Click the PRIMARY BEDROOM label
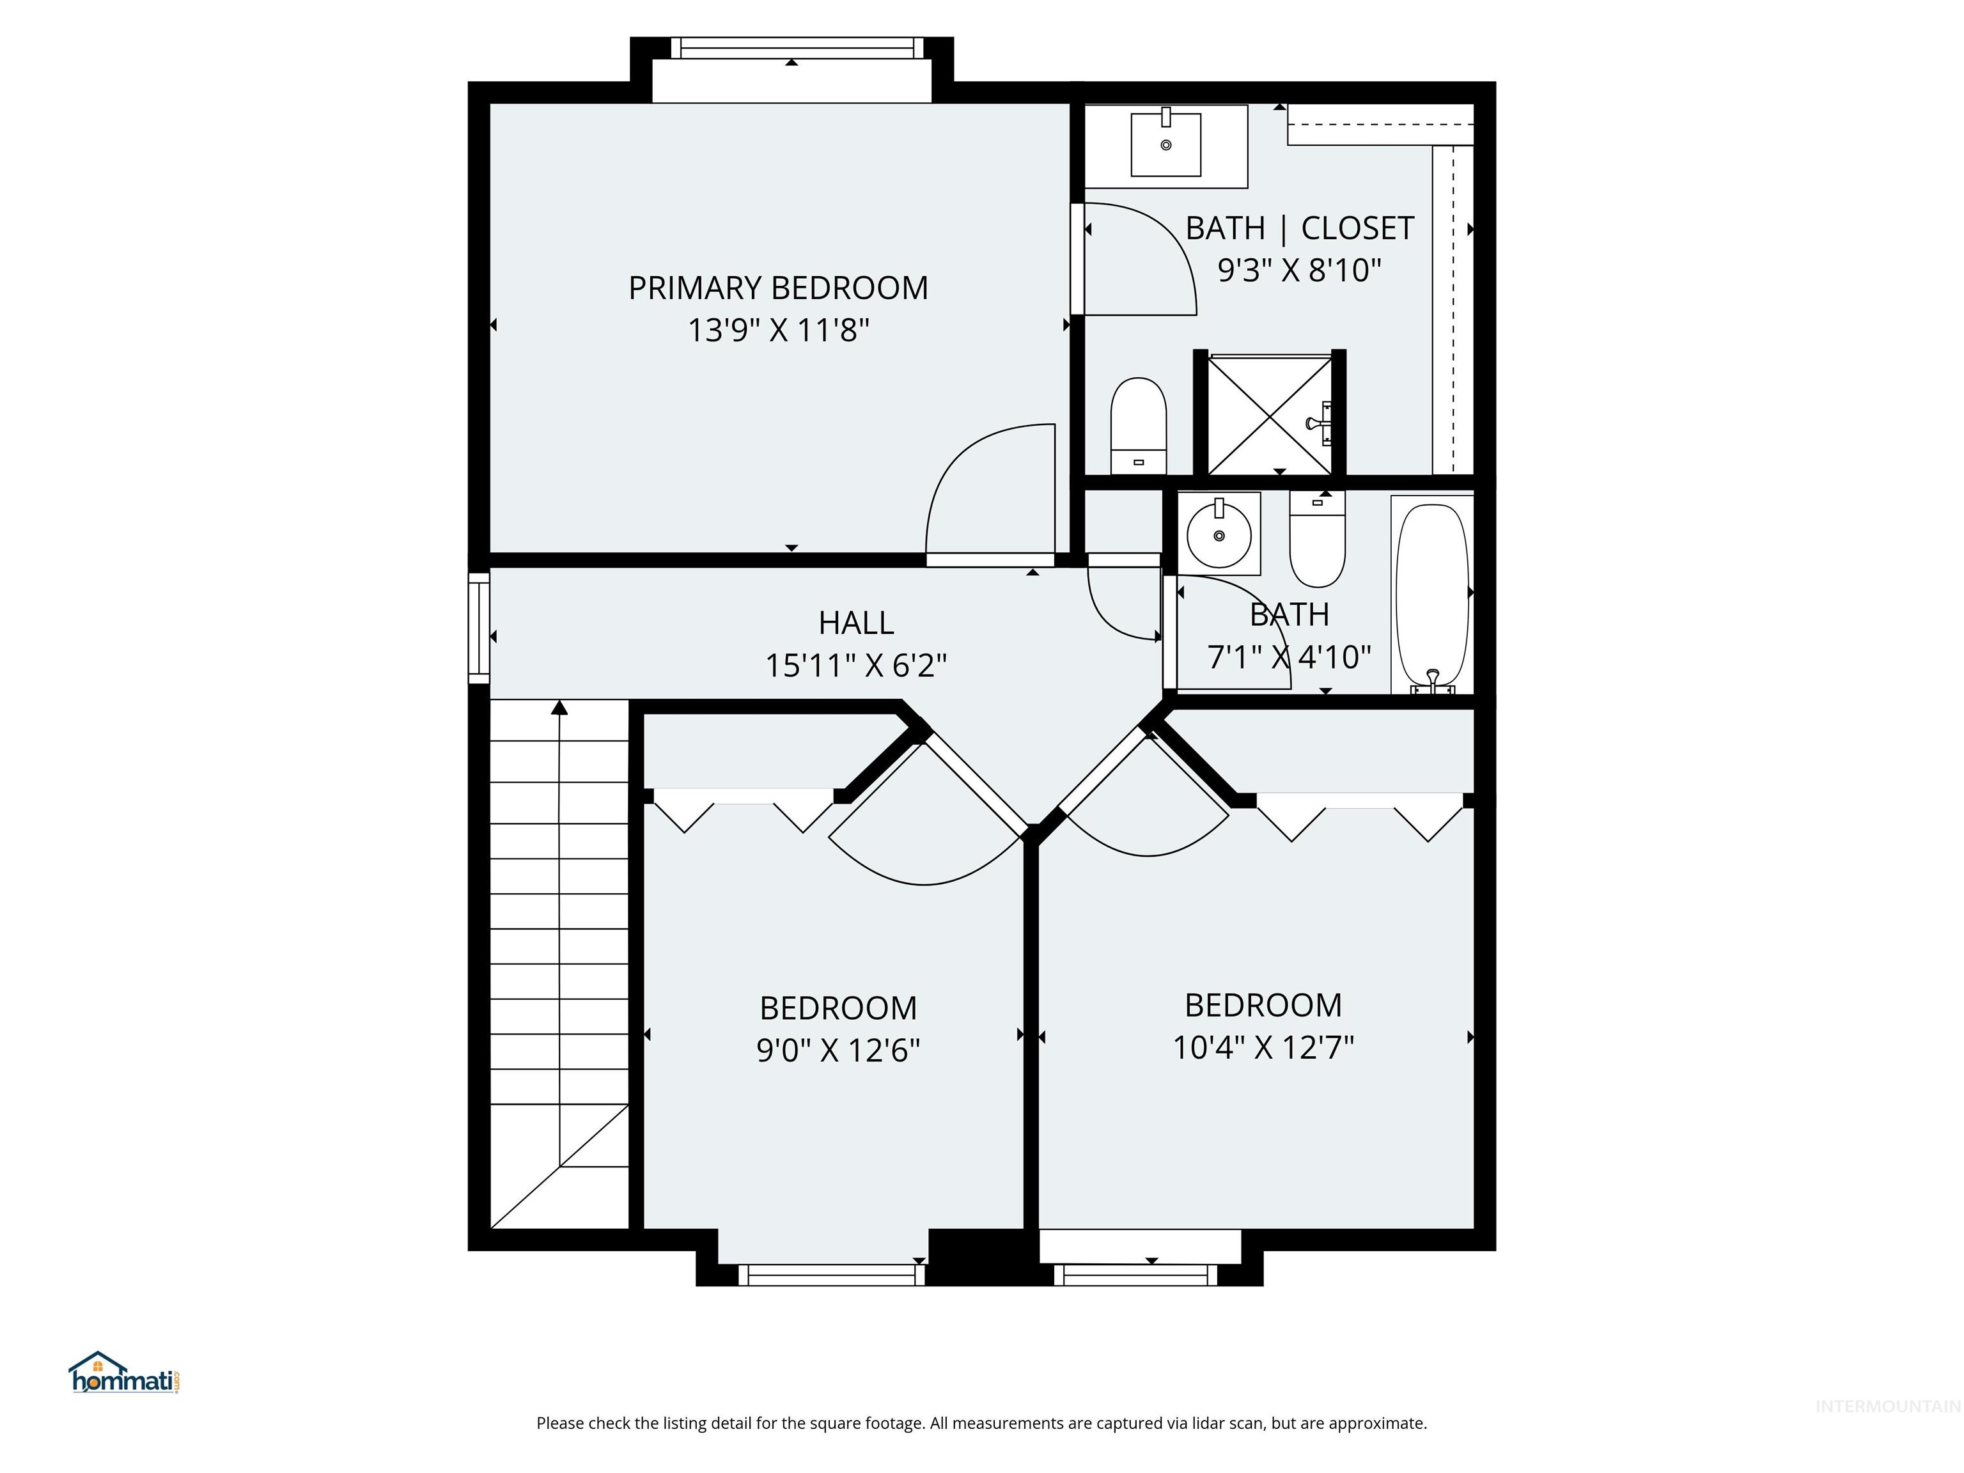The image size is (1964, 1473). click(778, 288)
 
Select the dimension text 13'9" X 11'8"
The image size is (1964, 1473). click(778, 331)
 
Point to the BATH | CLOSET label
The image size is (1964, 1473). click(1299, 229)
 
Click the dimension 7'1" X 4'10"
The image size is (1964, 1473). click(1288, 658)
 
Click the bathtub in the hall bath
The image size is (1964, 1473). click(1431, 593)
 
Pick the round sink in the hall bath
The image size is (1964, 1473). click(1219, 534)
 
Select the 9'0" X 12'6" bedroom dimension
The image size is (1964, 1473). click(838, 1051)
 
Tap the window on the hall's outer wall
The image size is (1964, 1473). click(479, 628)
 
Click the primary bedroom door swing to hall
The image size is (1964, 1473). click(986, 494)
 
